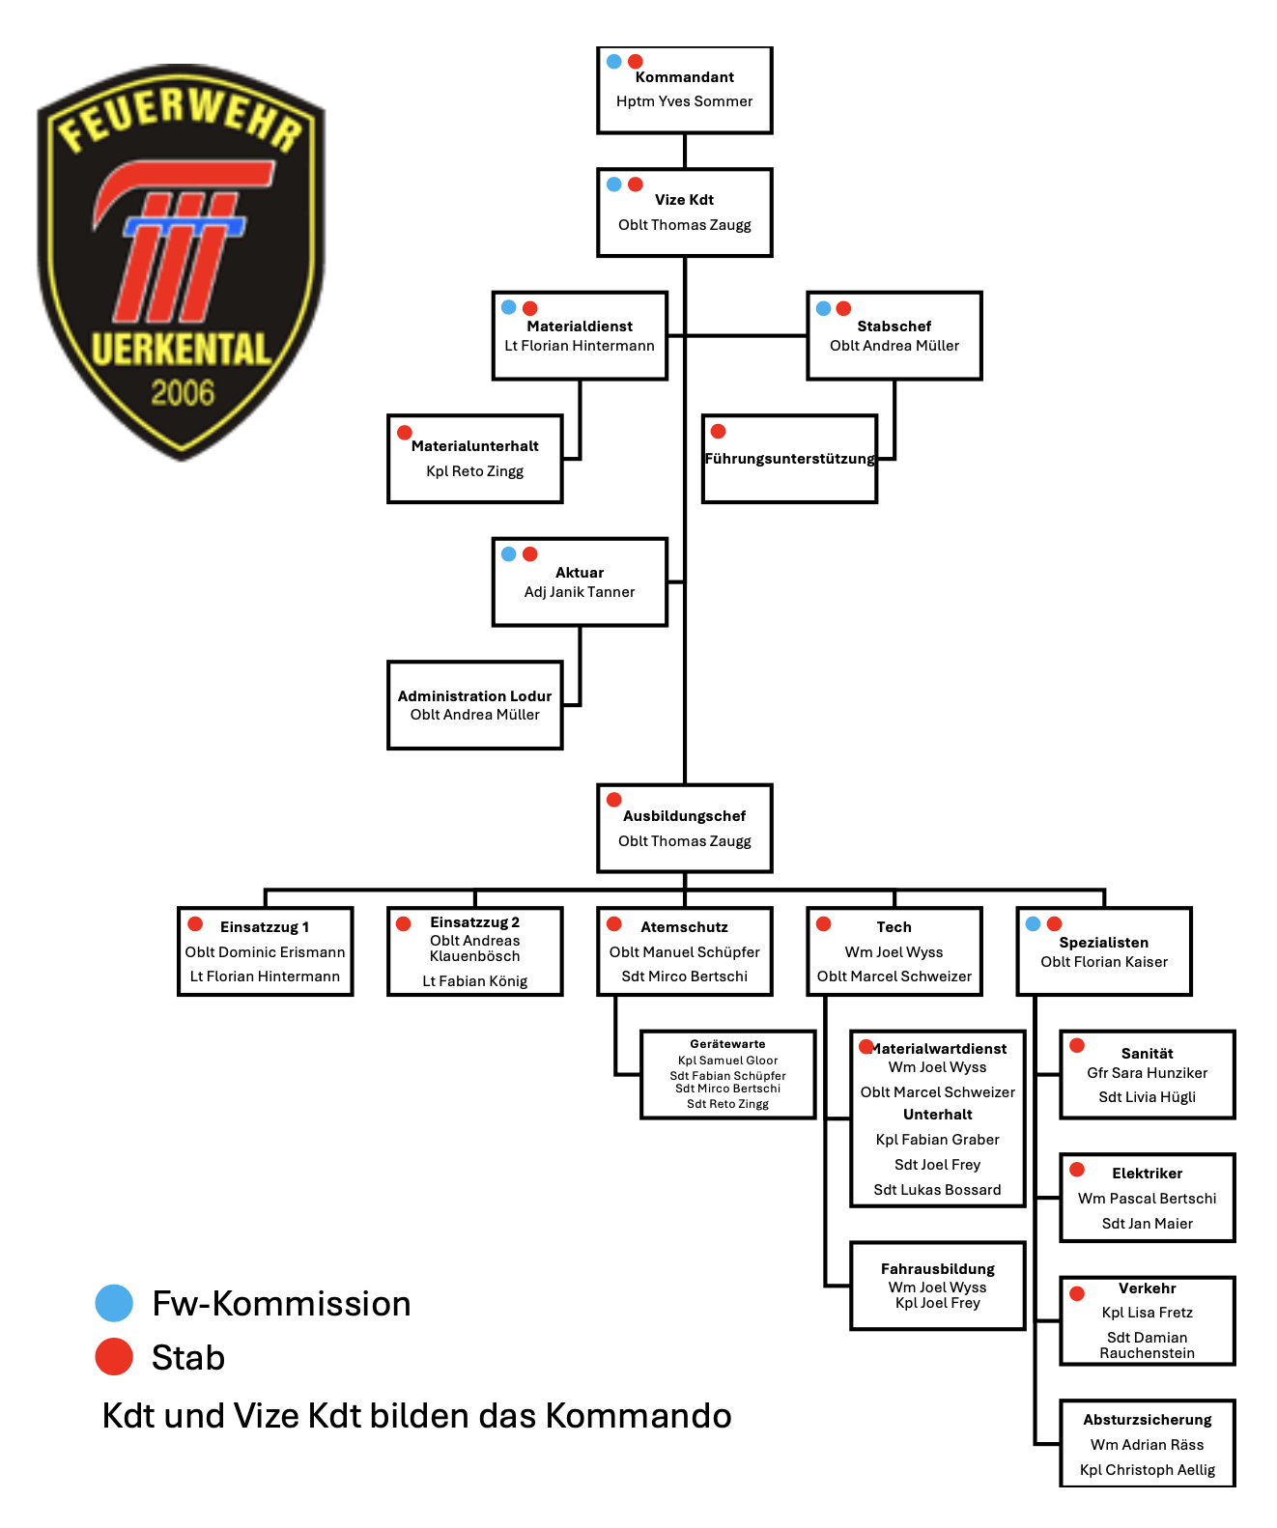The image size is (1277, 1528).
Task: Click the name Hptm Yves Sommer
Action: click(684, 101)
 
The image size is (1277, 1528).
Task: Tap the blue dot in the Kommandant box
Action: click(614, 62)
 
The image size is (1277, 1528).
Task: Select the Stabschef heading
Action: click(894, 326)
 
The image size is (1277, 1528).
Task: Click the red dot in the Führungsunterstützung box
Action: click(718, 432)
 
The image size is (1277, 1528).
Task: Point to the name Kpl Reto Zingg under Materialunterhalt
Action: click(474, 471)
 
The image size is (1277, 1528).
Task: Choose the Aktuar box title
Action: click(580, 573)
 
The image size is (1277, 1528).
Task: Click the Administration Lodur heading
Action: click(474, 696)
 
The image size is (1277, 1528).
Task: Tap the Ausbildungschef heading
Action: click(684, 816)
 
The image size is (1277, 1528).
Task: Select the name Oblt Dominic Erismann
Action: click(265, 952)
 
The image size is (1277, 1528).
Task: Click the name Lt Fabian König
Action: click(474, 981)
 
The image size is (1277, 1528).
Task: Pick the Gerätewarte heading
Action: click(727, 1044)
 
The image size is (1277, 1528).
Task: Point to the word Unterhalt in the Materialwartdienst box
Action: click(937, 1115)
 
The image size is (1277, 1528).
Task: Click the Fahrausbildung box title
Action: click(937, 1269)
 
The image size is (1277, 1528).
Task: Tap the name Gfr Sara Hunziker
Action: click(1147, 1073)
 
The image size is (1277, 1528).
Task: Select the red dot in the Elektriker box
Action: click(1077, 1171)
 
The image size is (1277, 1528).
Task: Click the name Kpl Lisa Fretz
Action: click(1147, 1313)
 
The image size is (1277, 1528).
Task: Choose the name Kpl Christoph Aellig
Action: click(1147, 1470)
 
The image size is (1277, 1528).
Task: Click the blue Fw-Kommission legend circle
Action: click(114, 1303)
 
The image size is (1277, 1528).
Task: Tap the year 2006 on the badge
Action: click(183, 393)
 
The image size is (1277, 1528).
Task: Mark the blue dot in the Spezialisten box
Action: click(1033, 924)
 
